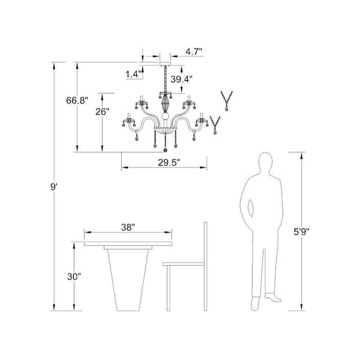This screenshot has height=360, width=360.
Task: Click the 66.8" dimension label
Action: (77, 101)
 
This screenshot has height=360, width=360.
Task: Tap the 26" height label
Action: (102, 112)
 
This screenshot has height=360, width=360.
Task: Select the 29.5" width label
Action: (169, 163)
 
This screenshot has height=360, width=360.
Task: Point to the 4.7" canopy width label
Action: (194, 52)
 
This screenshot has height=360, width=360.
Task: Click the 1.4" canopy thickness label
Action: (134, 74)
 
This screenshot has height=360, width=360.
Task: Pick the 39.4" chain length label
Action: (181, 79)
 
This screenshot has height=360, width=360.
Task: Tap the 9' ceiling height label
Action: (53, 187)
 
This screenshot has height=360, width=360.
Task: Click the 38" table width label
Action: (128, 227)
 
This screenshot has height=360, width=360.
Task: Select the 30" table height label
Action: (74, 277)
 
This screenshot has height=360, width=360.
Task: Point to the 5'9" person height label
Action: (302, 232)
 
